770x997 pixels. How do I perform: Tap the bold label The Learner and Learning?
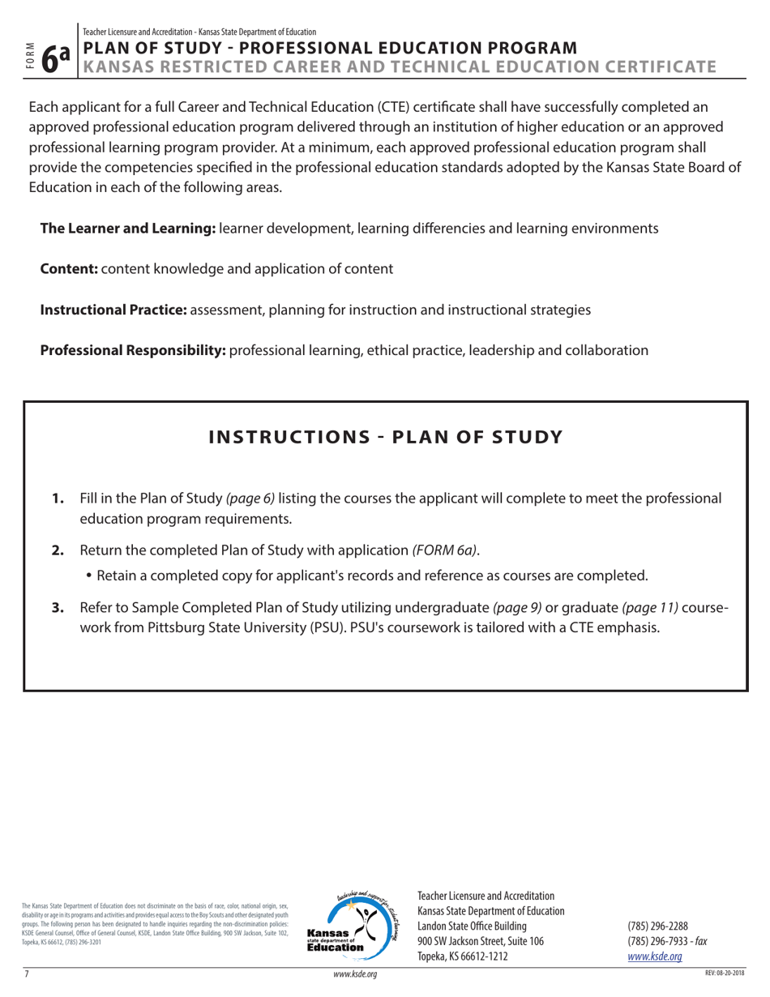[x=128, y=229]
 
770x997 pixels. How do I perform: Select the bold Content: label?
[x=69, y=269]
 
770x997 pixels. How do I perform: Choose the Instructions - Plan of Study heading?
[x=385, y=437]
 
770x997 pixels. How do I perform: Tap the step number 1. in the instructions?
[x=58, y=498]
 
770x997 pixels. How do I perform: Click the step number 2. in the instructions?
[x=58, y=551]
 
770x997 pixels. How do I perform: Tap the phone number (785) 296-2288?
[x=658, y=926]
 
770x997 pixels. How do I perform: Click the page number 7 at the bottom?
[x=27, y=973]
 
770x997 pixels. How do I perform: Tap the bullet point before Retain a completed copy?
[x=88, y=577]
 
